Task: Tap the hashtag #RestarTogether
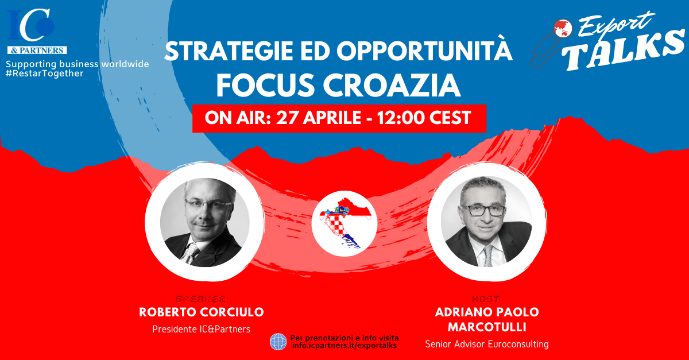tap(45, 73)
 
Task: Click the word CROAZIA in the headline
tap(392, 86)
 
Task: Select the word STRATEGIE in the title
tap(229, 51)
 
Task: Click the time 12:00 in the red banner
tap(401, 118)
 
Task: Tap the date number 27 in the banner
tap(288, 118)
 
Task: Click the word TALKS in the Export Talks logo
tap(625, 49)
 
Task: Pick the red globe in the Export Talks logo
tap(563, 28)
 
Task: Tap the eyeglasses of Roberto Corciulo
tap(208, 204)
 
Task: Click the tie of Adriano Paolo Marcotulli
tap(488, 256)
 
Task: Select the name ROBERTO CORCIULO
tap(202, 312)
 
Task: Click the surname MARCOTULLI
tap(487, 327)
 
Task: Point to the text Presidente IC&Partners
tap(202, 329)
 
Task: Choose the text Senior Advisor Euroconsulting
tap(487, 344)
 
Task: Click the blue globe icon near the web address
tap(278, 342)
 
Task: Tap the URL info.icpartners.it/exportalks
tap(344, 346)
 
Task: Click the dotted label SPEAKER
tap(200, 299)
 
